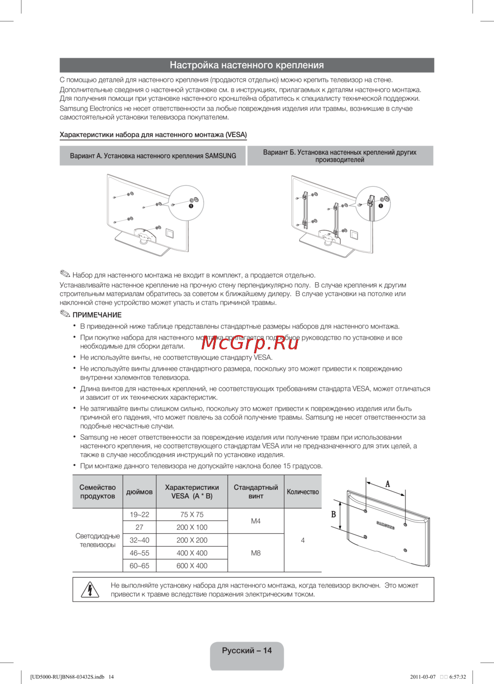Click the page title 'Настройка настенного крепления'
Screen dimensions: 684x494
(x=247, y=65)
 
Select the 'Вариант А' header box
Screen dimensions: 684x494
(x=153, y=156)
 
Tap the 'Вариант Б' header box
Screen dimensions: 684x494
(x=340, y=156)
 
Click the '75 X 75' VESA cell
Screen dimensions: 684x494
(x=192, y=514)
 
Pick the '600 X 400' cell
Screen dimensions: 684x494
(x=192, y=566)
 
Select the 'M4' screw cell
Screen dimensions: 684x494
(x=255, y=521)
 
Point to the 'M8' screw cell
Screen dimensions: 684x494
(x=255, y=553)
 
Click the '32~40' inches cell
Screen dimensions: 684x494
(x=139, y=540)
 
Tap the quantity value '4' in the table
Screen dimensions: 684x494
(x=303, y=540)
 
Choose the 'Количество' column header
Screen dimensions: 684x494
(x=303, y=492)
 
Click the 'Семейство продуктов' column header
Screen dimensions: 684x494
(x=97, y=492)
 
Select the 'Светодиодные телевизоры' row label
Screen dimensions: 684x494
(x=97, y=540)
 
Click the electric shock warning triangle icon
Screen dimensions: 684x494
(x=90, y=590)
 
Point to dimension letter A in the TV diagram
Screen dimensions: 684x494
(x=388, y=484)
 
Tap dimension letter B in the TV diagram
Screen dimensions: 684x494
(x=333, y=514)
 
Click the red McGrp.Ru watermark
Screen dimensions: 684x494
(x=250, y=342)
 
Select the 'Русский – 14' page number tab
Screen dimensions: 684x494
(x=247, y=651)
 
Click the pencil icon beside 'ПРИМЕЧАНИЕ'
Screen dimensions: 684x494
(x=65, y=314)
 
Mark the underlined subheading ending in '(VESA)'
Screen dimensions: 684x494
(x=153, y=135)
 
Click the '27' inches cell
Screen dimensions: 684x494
(x=139, y=527)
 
